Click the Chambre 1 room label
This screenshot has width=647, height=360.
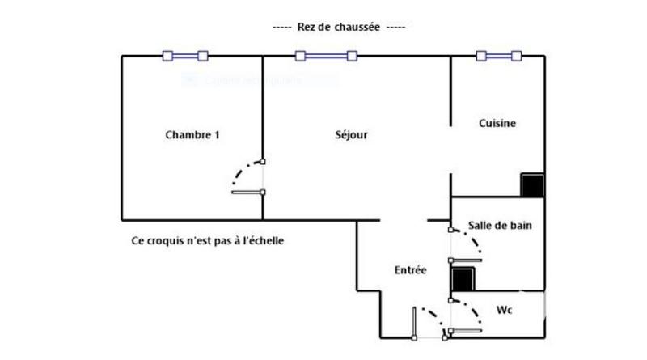pyautogui.click(x=192, y=135)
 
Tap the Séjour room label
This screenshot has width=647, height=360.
pyautogui.click(x=351, y=135)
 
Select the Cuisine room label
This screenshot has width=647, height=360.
pyautogui.click(x=497, y=124)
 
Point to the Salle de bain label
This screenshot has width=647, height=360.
pyautogui.click(x=500, y=226)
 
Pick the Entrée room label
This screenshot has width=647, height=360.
pyautogui.click(x=410, y=270)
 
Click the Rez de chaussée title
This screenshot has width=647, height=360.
pyautogui.click(x=339, y=27)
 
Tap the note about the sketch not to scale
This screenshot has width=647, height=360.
pyautogui.click(x=208, y=241)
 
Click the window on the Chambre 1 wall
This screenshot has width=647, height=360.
pyautogui.click(x=185, y=56)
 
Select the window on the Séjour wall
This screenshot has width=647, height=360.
pyautogui.click(x=326, y=56)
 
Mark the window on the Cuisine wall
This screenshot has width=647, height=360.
pyautogui.click(x=498, y=56)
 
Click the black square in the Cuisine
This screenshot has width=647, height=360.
pyautogui.click(x=532, y=185)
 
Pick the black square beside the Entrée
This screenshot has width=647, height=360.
pyautogui.click(x=463, y=279)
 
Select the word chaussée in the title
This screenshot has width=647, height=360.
pyautogui.click(x=357, y=27)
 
